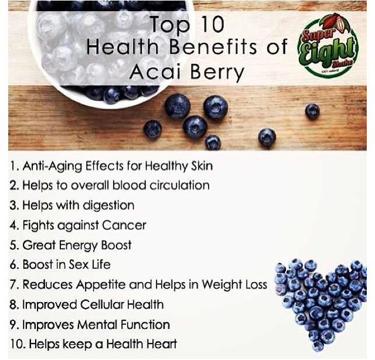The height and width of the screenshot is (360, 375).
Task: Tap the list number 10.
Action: click(16, 344)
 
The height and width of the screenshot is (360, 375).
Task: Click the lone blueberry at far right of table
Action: click(312, 111)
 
